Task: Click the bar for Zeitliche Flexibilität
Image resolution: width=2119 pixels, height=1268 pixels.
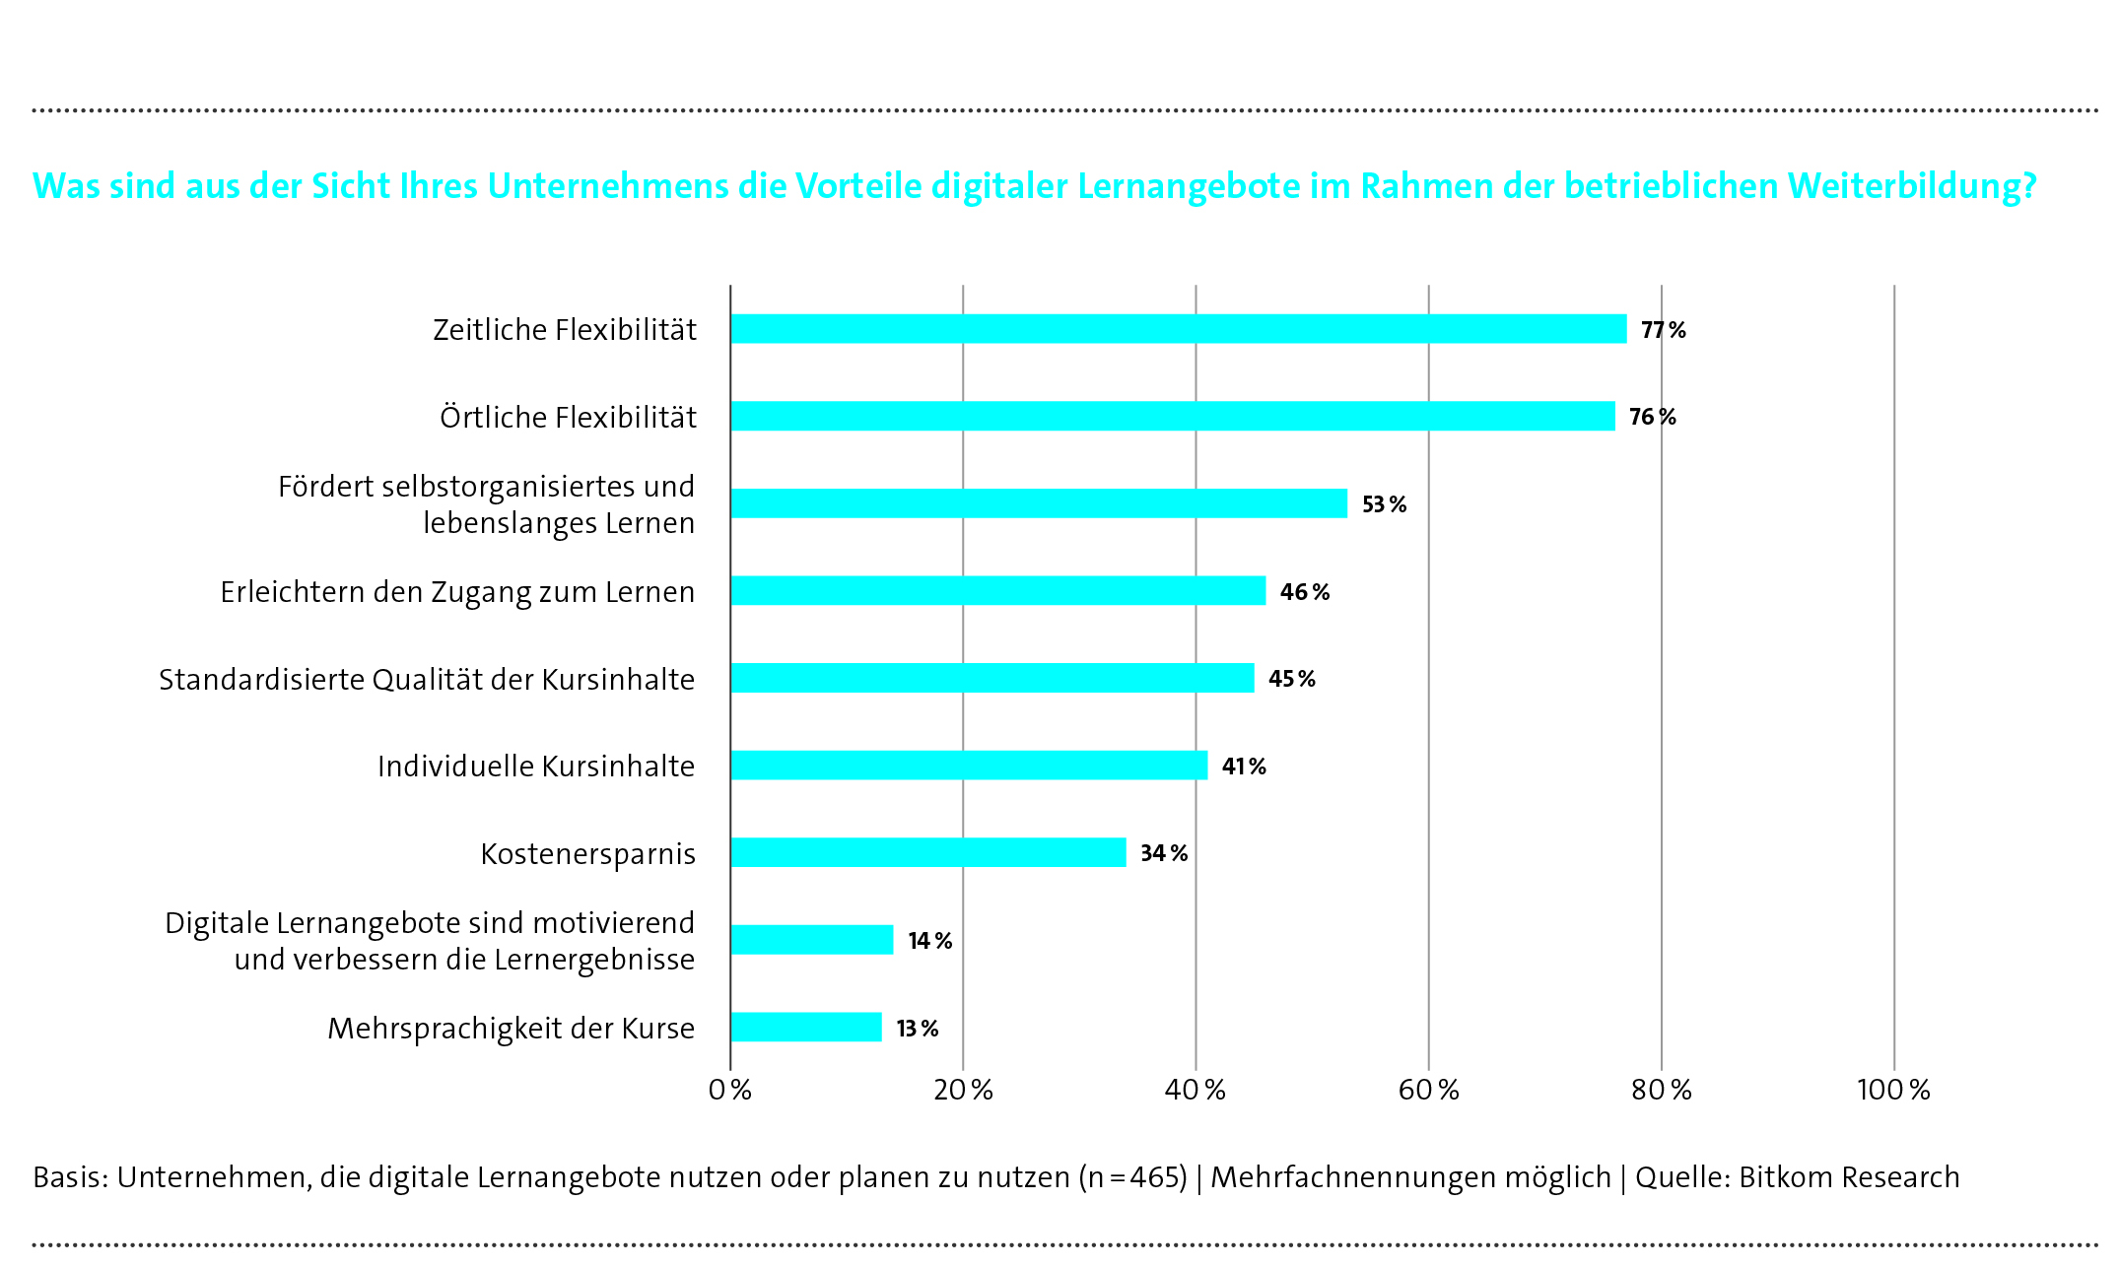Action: (x=1178, y=329)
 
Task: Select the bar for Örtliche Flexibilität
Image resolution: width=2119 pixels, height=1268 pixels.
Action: (x=1173, y=416)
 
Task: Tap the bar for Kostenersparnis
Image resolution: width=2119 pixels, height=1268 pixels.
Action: (x=927, y=852)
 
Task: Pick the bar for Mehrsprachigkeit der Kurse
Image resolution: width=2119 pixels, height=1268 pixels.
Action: (x=806, y=1027)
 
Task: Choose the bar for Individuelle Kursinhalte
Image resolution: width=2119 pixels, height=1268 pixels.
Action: (x=969, y=766)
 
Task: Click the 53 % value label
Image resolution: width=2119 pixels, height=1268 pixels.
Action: (x=1384, y=504)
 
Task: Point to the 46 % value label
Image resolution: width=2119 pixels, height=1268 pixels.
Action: (x=1304, y=592)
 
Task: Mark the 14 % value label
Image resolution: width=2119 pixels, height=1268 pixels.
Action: (x=929, y=941)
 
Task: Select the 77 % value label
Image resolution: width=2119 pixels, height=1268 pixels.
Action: (x=1663, y=330)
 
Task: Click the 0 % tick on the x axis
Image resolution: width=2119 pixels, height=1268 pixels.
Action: (x=730, y=1090)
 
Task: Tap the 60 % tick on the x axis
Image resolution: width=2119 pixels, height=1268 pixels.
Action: (x=1428, y=1090)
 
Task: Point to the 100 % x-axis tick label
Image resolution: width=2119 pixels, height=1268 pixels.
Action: (x=1893, y=1090)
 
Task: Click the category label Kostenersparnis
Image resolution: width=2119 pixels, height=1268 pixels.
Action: (x=587, y=853)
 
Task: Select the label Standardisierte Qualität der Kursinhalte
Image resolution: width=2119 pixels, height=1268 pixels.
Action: (x=427, y=680)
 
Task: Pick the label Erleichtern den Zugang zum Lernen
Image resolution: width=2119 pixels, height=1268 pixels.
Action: (x=457, y=592)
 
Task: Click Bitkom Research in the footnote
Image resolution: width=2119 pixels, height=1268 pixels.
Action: (x=1849, y=1177)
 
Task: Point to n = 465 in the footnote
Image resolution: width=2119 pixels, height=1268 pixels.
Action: (x=1132, y=1177)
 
